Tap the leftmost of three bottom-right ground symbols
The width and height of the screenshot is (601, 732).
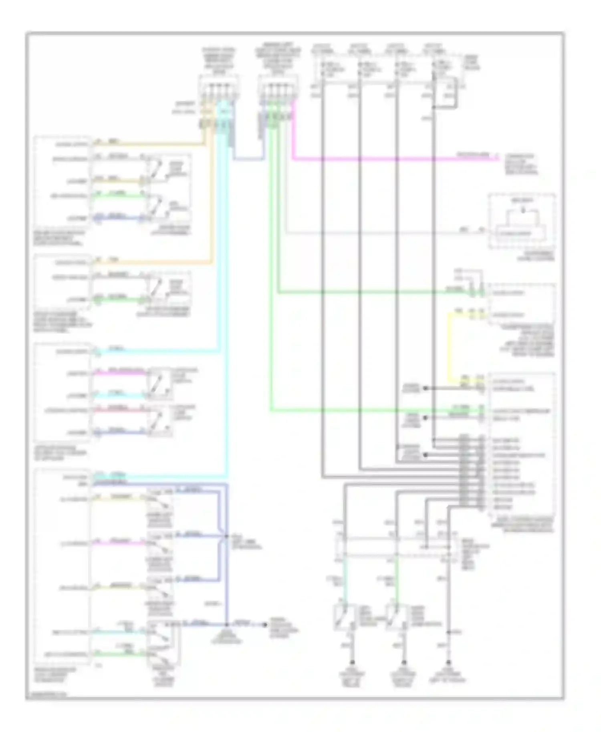click(x=353, y=663)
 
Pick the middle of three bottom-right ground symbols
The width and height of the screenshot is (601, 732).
click(x=404, y=663)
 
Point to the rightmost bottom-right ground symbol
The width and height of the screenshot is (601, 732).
click(x=449, y=663)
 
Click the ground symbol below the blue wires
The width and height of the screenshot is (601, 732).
click(x=227, y=625)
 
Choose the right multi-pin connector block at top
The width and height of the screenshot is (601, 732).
click(x=276, y=90)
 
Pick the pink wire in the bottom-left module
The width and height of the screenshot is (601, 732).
click(x=120, y=543)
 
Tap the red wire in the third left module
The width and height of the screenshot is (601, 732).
click(x=120, y=410)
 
